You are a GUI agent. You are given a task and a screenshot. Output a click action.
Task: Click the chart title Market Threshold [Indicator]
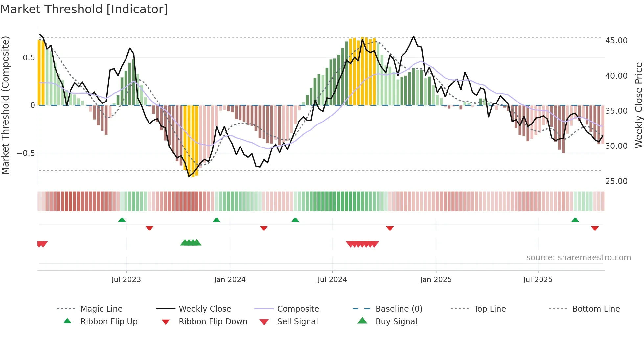84,9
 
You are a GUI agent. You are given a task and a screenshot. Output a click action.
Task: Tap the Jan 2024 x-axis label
230,280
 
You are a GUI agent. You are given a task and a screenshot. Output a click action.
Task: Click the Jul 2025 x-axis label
538,280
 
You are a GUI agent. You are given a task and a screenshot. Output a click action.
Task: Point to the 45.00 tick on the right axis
616,41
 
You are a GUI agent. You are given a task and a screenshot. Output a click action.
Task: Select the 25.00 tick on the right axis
616,181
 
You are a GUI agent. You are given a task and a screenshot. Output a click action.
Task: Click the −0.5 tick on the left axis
26,153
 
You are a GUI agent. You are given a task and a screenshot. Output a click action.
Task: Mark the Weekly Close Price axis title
638,105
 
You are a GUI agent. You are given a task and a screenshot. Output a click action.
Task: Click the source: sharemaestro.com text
578,258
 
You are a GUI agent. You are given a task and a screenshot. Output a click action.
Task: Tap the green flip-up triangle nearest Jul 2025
575,220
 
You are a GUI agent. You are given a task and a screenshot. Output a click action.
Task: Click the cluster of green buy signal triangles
191,243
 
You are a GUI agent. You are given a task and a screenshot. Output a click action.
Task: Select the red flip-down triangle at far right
595,228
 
